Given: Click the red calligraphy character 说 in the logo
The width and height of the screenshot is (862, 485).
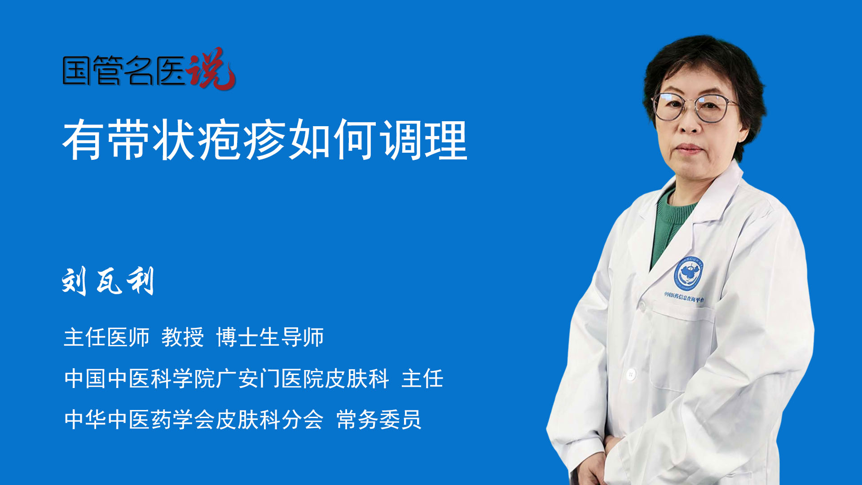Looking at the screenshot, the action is pos(211,68).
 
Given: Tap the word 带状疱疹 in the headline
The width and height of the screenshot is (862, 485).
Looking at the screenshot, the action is pos(197,140).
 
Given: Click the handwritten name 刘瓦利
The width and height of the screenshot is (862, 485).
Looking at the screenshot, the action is pos(108,281).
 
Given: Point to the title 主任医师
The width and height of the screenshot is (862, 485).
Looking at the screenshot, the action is pos(106,337).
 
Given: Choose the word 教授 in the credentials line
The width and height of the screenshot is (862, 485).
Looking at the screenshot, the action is pos(182,337).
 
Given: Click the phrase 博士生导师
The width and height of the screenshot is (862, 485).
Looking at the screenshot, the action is pos(270,337).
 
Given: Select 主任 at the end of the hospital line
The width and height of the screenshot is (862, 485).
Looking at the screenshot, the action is pos(422,379).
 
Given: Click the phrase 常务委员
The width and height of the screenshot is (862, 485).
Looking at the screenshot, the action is pos(379,420).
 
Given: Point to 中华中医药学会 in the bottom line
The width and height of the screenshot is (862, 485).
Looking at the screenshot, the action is pos(139,420).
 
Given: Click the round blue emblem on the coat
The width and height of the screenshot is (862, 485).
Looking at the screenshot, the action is pos(688,273).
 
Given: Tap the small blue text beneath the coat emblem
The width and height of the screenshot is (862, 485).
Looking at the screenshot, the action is pos(684,297).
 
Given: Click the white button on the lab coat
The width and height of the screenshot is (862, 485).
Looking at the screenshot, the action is pos(631,374).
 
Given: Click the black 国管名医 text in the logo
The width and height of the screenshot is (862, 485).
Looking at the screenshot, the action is pos(124,71).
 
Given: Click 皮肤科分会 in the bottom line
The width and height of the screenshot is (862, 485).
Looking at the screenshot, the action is pos(269,420).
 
